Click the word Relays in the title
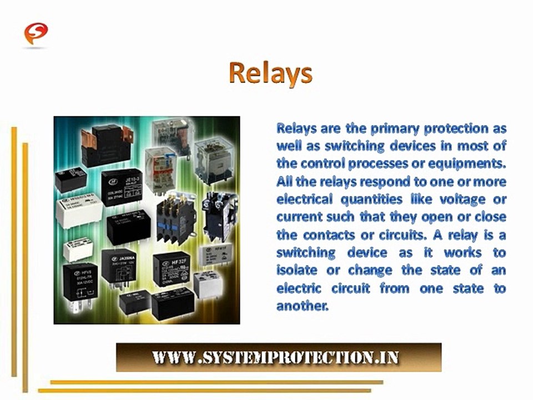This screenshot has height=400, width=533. pyautogui.click(x=270, y=73)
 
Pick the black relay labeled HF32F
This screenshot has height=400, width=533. pyautogui.click(x=171, y=267)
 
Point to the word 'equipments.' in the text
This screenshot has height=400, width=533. pyautogui.click(x=470, y=164)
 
